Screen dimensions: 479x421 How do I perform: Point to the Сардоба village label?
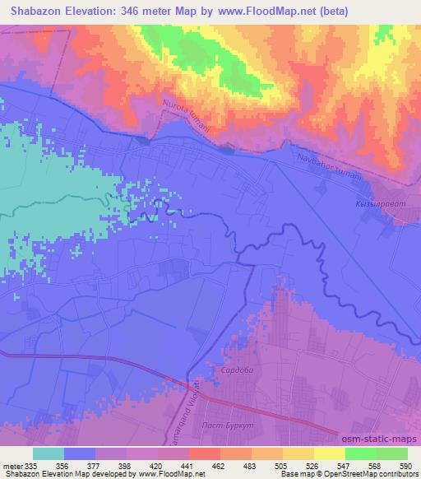[234, 371]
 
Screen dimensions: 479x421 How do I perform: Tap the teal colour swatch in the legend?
[48, 453]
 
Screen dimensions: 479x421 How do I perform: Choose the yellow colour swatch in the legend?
[329, 453]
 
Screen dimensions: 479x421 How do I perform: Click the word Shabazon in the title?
[39, 12]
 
